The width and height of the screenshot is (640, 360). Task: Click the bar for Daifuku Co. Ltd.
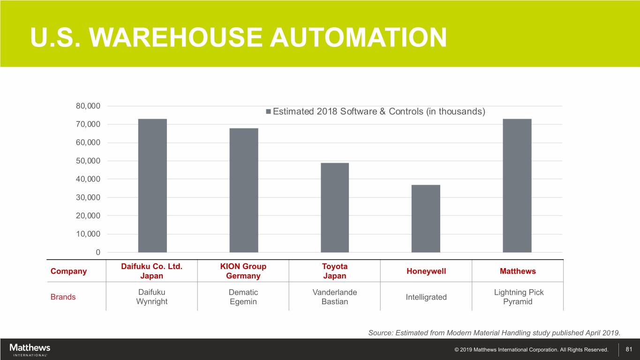[152, 186]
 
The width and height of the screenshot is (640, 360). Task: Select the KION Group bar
[244, 190]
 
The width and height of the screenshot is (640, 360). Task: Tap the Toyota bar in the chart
[335, 208]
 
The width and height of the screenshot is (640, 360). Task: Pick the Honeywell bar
[426, 218]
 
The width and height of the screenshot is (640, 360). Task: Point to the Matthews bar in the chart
[517, 186]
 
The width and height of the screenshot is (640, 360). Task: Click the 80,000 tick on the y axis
[88, 106]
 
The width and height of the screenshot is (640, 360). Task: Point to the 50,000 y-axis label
[88, 161]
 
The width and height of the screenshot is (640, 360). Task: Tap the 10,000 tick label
[88, 234]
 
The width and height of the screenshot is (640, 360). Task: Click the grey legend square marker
[268, 112]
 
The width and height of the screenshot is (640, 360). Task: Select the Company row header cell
[68, 271]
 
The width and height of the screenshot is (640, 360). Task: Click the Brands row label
[63, 297]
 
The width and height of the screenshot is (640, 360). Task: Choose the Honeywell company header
[426, 271]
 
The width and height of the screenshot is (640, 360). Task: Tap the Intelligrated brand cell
[426, 297]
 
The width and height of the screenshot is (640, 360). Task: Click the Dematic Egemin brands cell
[243, 297]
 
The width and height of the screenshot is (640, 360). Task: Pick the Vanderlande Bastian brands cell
[335, 297]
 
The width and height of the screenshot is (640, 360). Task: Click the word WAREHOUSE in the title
[176, 37]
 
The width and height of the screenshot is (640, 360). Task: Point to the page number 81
[629, 349]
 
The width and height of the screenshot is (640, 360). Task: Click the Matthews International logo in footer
[30, 350]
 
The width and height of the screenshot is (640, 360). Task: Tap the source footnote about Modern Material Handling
[494, 333]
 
